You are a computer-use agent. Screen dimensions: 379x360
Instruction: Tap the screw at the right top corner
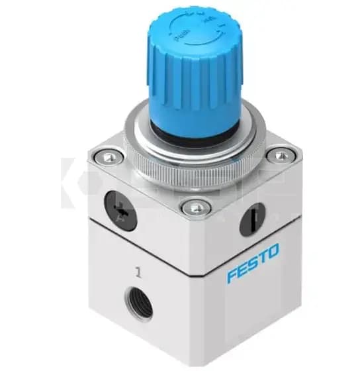pyautogui.click(x=281, y=156)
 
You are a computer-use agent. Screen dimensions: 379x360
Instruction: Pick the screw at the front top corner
pyautogui.click(x=193, y=207)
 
